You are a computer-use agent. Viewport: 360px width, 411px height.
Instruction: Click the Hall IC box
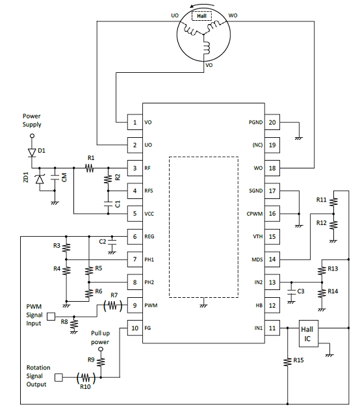point(309,334)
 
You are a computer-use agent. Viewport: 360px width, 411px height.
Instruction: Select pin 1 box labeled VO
point(135,122)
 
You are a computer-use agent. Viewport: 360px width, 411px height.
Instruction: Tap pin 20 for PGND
point(272,122)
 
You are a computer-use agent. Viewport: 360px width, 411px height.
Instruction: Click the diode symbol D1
point(32,152)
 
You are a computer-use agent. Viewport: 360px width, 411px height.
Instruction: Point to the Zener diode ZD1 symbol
point(40,179)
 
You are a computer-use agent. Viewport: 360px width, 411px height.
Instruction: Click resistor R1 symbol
point(90,168)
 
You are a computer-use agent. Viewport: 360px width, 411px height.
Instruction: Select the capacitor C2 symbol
point(112,241)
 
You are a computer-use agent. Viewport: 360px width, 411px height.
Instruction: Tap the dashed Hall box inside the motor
point(201,16)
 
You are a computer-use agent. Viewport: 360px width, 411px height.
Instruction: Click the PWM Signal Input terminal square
point(51,316)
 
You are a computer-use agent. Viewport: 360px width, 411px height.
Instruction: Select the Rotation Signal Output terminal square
point(58,377)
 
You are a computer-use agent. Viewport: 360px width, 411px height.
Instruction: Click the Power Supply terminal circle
point(32,136)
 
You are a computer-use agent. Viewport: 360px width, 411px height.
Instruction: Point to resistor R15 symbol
point(288,362)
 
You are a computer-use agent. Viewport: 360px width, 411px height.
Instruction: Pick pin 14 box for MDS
point(272,259)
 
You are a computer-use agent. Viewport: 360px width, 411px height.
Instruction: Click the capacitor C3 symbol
point(291,292)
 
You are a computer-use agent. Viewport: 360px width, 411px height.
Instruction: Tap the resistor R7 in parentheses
point(112,306)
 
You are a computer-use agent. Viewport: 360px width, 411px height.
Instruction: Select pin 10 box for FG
point(135,328)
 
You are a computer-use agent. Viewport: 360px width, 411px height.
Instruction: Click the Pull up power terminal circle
point(101,349)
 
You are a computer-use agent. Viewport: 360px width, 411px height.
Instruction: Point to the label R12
point(321,223)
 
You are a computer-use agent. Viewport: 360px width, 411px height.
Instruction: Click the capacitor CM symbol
point(55,177)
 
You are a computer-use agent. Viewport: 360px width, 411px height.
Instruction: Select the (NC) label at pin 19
point(257,145)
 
